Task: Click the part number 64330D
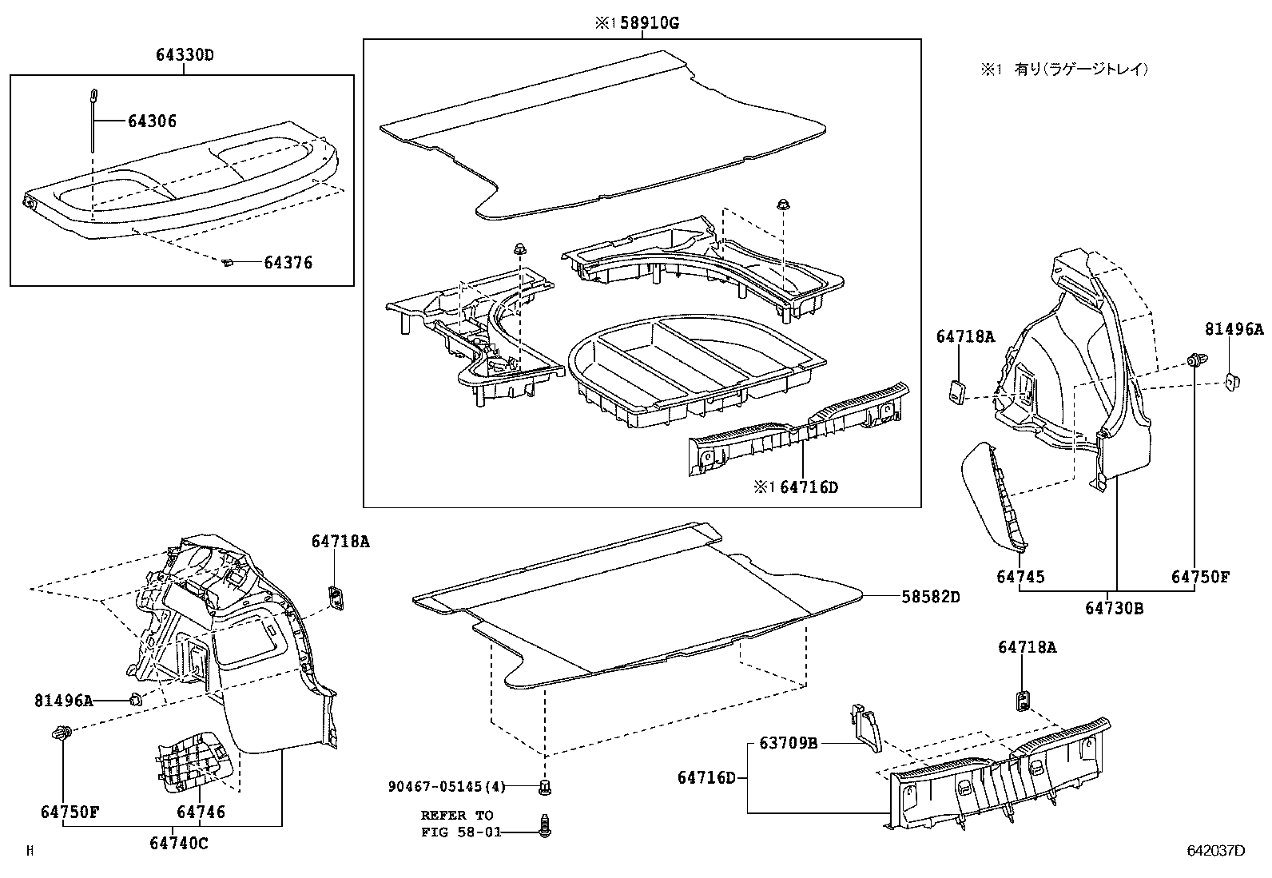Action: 185,56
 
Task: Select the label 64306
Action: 152,121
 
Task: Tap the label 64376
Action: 288,263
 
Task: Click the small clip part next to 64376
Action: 228,261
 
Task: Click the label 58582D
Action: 931,597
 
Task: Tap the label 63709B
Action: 788,744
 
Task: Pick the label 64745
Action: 1020,577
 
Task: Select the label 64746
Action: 201,812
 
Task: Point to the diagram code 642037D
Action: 1215,851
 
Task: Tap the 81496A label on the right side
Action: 1234,329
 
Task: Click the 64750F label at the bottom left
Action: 70,812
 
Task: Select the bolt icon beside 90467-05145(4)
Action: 545,787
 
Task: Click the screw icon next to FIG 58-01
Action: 545,827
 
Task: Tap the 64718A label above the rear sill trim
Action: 1027,648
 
